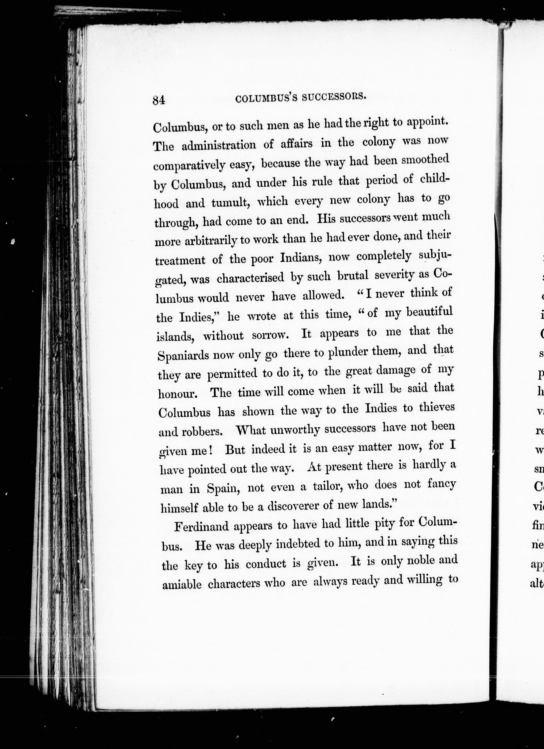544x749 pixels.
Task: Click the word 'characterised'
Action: [250, 278]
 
